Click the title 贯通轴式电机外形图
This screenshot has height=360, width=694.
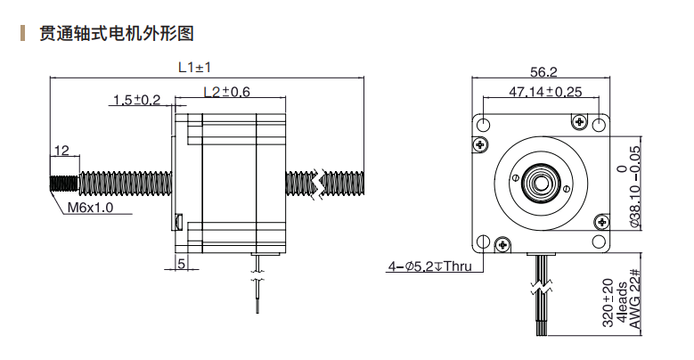[x=116, y=35]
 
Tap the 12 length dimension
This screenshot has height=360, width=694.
[x=61, y=151]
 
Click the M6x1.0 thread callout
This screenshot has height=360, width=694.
[x=91, y=208]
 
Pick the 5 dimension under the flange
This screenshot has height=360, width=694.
[x=182, y=263]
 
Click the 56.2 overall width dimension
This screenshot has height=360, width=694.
[x=543, y=72]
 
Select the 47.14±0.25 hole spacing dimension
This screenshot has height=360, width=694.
[x=544, y=92]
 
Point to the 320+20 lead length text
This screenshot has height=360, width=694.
[x=608, y=303]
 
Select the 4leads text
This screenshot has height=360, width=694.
[x=621, y=305]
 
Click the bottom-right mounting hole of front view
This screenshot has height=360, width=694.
[x=604, y=241]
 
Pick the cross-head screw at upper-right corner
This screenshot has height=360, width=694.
[x=581, y=120]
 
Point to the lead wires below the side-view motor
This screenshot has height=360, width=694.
[x=257, y=285]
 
